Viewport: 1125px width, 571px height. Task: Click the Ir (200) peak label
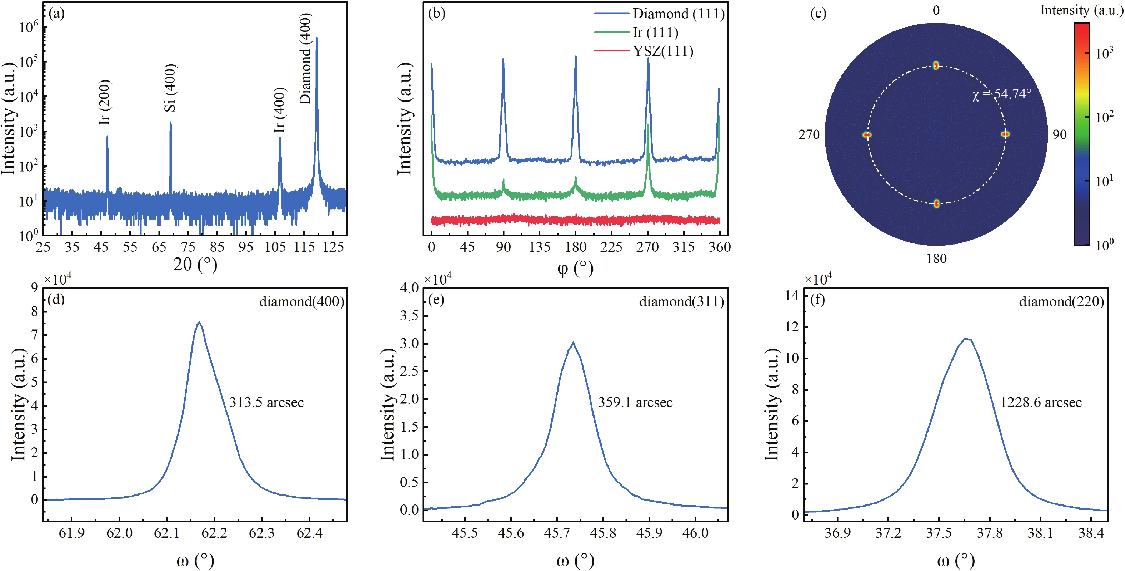click(x=105, y=102)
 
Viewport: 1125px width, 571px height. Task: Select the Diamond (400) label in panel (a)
click(x=305, y=59)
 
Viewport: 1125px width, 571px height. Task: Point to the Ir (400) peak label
click(x=280, y=110)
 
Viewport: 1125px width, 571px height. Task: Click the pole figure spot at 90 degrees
click(x=1005, y=134)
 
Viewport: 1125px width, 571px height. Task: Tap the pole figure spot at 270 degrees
click(x=867, y=135)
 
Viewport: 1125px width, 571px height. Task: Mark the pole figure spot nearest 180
click(x=936, y=203)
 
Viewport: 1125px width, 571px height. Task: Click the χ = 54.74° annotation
click(x=1001, y=94)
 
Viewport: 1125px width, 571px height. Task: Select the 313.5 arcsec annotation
click(x=266, y=402)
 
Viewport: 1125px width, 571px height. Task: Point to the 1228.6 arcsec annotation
click(x=1041, y=402)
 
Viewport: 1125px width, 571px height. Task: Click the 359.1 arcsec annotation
click(x=635, y=402)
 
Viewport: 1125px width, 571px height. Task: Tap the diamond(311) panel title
click(x=681, y=301)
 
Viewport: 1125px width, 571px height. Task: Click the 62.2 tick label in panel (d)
click(x=214, y=533)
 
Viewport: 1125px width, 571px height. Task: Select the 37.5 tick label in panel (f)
click(x=939, y=533)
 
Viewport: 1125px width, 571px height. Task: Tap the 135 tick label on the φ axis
click(x=540, y=247)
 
